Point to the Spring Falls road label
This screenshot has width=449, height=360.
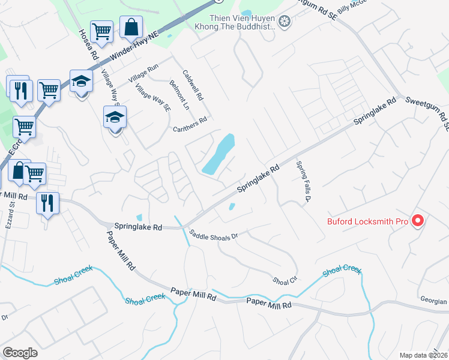[305, 181]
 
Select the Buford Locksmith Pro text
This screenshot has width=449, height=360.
[367, 221]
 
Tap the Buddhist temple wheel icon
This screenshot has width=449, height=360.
[285, 22]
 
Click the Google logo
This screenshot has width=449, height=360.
[20, 353]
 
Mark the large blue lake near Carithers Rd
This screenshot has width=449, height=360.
[218, 154]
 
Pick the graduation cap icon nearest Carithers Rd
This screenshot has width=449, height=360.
[115, 118]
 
